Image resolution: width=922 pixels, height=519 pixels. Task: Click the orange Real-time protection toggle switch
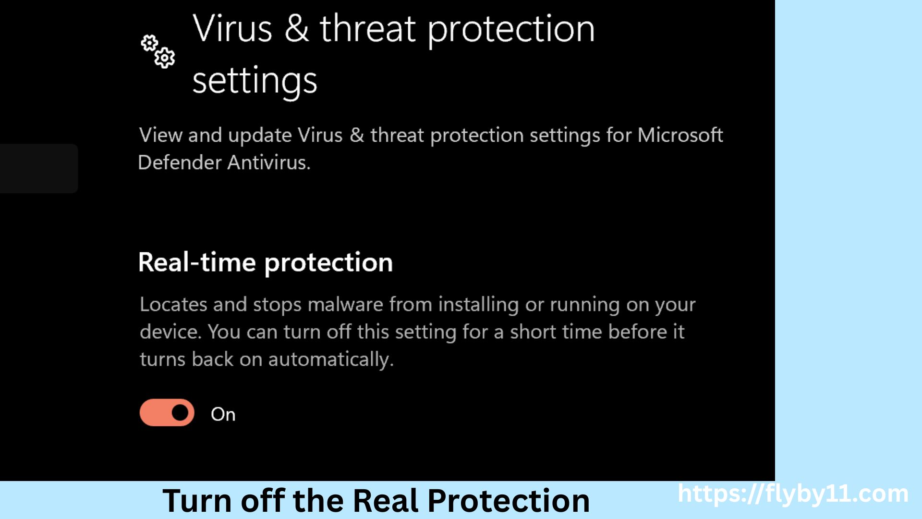167,412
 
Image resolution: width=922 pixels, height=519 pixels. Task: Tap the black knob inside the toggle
180,412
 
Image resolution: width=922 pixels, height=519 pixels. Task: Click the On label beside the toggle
223,414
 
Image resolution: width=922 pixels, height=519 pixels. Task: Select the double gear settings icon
158,51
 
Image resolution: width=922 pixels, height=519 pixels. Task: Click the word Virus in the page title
232,29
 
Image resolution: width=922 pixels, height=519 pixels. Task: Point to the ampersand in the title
296,29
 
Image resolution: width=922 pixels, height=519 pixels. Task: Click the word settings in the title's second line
255,81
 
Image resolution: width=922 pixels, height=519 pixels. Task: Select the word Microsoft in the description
680,135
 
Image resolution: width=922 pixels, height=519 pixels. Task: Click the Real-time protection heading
265,262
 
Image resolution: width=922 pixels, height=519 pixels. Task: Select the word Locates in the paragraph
173,305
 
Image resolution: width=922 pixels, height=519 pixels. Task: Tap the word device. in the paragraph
170,332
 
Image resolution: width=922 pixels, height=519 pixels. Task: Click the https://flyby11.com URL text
793,494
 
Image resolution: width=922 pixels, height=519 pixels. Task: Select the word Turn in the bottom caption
197,501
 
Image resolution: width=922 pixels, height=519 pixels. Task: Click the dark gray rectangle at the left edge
38,168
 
